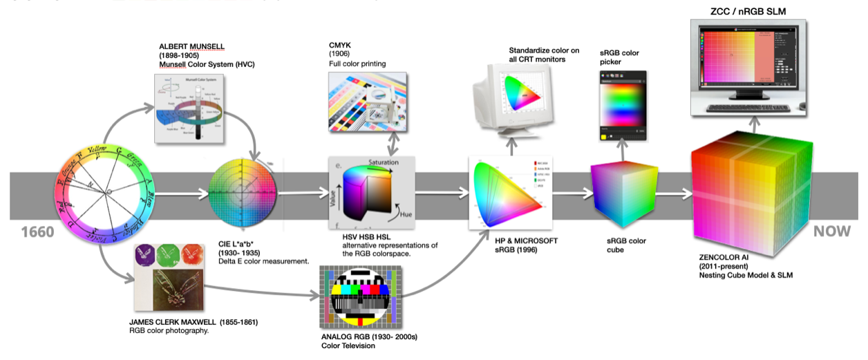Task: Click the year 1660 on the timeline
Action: tap(32, 232)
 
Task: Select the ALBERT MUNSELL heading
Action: tap(191, 46)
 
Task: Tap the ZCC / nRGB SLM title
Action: tap(748, 10)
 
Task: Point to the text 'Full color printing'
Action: tap(357, 64)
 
